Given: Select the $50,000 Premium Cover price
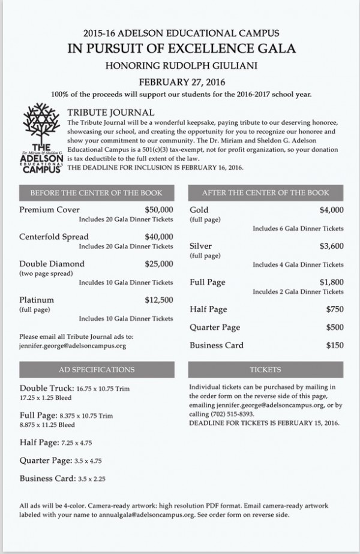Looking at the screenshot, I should [x=159, y=210].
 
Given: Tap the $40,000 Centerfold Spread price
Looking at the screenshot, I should [x=159, y=237].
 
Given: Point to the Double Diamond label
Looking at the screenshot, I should [x=52, y=264].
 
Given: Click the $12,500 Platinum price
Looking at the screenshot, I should [x=159, y=300].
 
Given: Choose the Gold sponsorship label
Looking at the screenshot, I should [x=199, y=210].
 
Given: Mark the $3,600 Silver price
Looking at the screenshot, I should [x=331, y=246].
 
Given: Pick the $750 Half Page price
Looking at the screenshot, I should [x=335, y=309].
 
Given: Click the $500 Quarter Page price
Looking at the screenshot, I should [x=335, y=327].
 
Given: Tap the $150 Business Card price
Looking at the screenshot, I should [x=335, y=345].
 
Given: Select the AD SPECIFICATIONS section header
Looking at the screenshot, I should [x=97, y=369].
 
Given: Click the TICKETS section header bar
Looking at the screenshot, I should [x=265, y=369].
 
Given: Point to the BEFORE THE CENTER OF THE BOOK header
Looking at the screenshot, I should [x=97, y=193].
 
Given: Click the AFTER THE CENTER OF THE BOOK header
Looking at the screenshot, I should [x=265, y=193].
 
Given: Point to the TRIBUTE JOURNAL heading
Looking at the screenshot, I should [x=111, y=112].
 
